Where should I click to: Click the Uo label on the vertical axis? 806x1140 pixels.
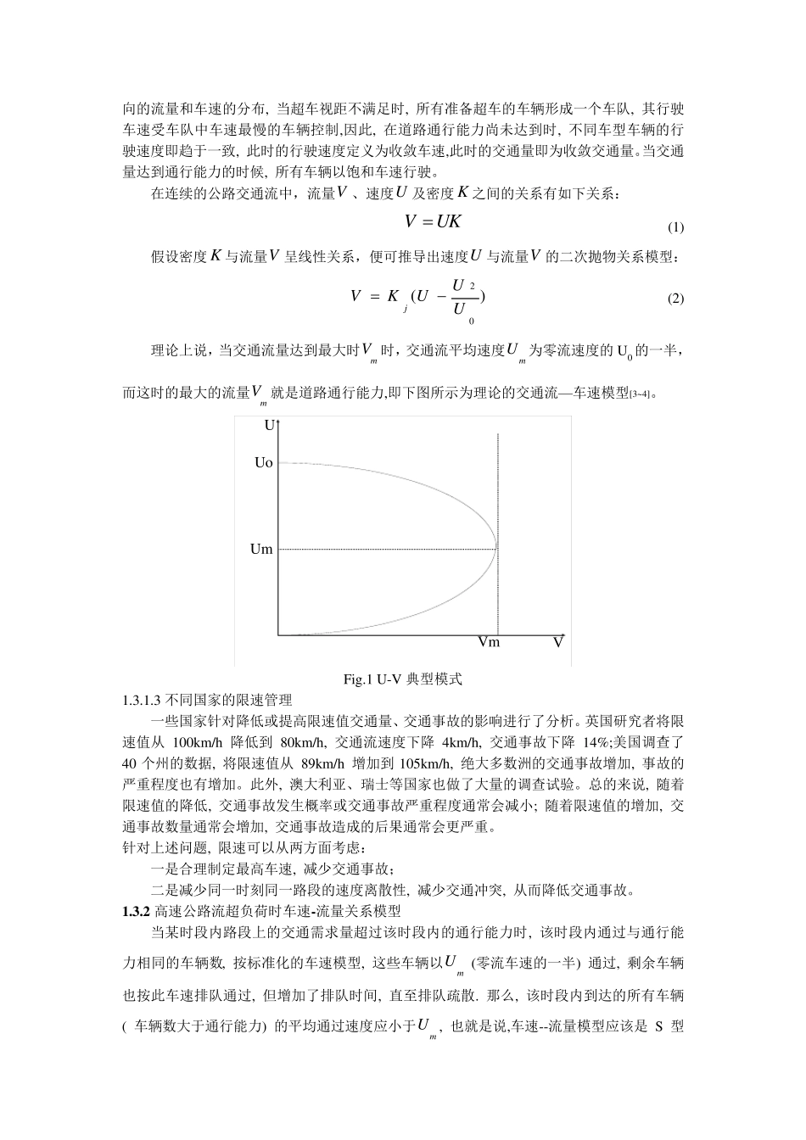tap(263, 463)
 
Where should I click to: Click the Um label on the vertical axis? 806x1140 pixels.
tap(261, 549)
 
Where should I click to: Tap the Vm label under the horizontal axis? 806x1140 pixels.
tap(489, 642)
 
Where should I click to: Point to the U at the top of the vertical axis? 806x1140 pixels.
tap(270, 426)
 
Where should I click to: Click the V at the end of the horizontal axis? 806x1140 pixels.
tap(558, 642)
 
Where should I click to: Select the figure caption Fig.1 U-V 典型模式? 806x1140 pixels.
tap(402, 679)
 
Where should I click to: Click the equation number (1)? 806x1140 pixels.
tap(675, 227)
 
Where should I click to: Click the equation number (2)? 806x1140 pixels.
tap(675, 299)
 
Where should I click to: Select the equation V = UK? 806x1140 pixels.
tap(433, 221)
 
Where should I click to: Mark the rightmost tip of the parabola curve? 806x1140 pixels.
tap(497, 549)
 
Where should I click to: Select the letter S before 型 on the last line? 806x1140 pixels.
tap(658, 1026)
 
